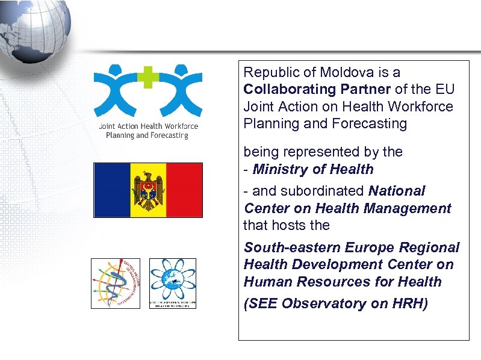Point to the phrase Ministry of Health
[313, 170]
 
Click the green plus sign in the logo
[147, 78]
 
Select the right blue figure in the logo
[179, 90]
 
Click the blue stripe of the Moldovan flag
[112, 190]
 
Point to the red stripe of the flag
[184, 190]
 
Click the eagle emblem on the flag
[148, 190]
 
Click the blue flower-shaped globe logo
[172, 281]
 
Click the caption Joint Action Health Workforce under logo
[148, 126]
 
